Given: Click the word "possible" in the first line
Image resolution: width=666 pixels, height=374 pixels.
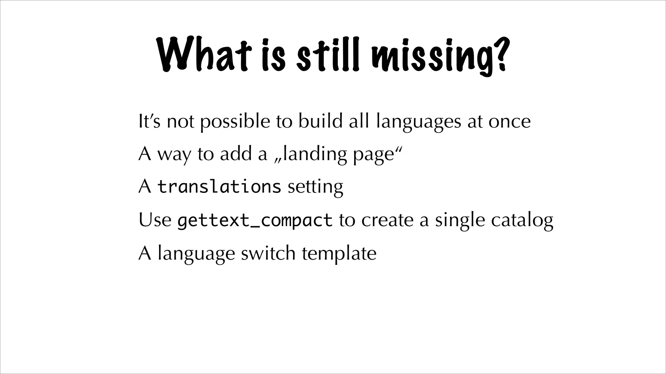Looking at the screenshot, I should [235, 122].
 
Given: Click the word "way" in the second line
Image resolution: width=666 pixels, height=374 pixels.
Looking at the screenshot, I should [174, 155].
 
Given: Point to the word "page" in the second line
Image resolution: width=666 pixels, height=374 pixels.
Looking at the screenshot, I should [374, 155].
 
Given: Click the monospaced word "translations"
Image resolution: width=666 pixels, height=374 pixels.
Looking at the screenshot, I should [219, 187].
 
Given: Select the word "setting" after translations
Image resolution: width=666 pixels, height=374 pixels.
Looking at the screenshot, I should [315, 187].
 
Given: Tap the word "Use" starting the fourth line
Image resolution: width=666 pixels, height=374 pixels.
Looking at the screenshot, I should [155, 220].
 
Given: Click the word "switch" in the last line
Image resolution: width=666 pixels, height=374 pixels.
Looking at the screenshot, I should [268, 253].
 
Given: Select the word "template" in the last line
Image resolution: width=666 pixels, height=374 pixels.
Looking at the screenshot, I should [339, 254].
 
